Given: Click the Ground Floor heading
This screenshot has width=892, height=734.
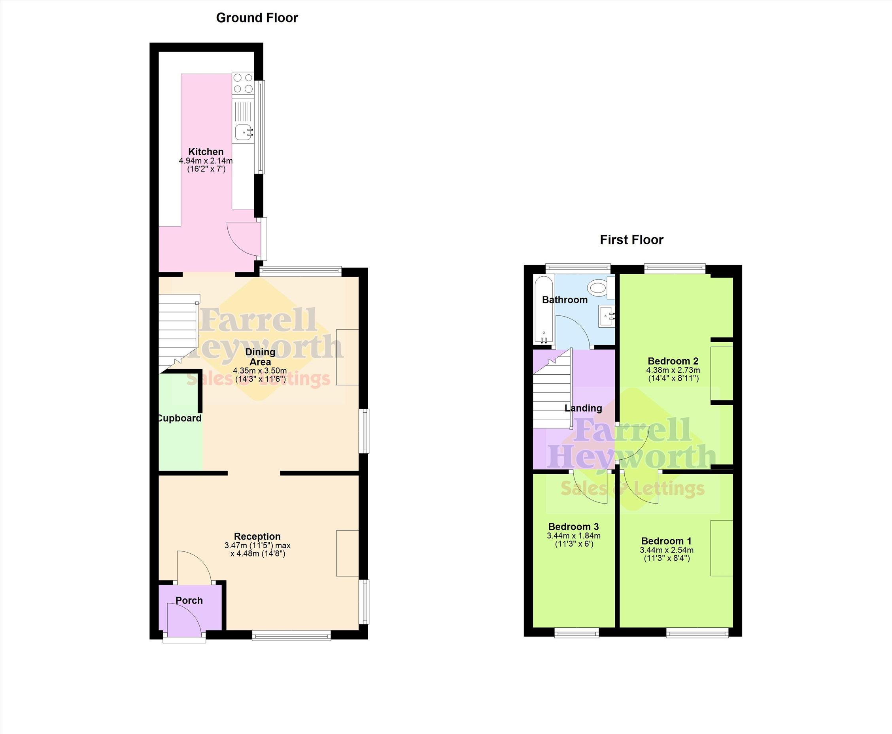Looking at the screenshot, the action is [x=257, y=18].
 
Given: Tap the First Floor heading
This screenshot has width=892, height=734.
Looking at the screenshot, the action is [x=631, y=240].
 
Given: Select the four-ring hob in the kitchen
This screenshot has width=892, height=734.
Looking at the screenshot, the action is [x=243, y=83].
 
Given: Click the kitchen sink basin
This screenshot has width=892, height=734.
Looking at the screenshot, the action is [x=244, y=132].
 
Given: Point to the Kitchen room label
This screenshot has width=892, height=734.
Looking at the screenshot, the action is [x=206, y=151].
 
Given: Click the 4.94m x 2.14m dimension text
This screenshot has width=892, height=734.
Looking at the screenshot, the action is [x=206, y=160].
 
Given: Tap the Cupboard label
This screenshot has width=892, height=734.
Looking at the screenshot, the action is [x=179, y=418].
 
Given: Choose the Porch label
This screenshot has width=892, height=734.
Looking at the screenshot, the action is [x=189, y=600].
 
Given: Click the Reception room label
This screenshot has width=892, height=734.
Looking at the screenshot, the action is [x=257, y=536].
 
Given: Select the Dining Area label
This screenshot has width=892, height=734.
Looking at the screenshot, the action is [x=260, y=357].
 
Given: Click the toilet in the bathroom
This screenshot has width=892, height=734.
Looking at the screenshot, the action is [x=601, y=287].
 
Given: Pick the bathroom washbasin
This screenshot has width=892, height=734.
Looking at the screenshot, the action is [x=607, y=316].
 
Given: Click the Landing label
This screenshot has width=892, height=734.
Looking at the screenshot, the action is [x=583, y=408].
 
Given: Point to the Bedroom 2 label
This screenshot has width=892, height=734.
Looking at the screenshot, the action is [x=673, y=361].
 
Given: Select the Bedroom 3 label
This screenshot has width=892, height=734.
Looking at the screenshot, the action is [x=574, y=526].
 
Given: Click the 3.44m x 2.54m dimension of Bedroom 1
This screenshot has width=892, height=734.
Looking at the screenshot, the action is [x=667, y=550].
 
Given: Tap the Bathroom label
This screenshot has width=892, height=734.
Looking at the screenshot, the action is [x=565, y=300].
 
